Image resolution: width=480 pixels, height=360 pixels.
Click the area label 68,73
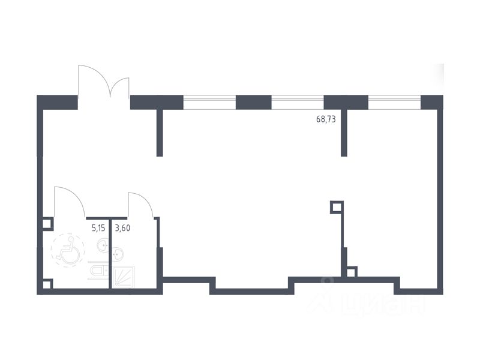[x=326, y=119]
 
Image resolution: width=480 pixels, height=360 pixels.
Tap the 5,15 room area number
[x=98, y=227]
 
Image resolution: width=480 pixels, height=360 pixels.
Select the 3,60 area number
[x=123, y=227]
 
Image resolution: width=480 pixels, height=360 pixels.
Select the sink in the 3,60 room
[x=118, y=254]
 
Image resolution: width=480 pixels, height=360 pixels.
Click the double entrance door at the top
[x=104, y=84]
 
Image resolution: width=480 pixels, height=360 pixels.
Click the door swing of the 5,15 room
[x=70, y=202]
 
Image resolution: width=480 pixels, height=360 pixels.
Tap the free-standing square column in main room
[x=337, y=208]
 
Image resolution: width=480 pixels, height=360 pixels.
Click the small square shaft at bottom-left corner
[x=47, y=284]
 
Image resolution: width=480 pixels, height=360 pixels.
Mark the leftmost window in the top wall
[x=209, y=103]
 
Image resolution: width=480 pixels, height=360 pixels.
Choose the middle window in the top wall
[x=298, y=103]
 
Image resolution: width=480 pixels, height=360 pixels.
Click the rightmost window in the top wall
[x=394, y=103]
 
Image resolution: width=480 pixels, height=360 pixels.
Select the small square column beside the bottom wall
[x=352, y=271]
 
